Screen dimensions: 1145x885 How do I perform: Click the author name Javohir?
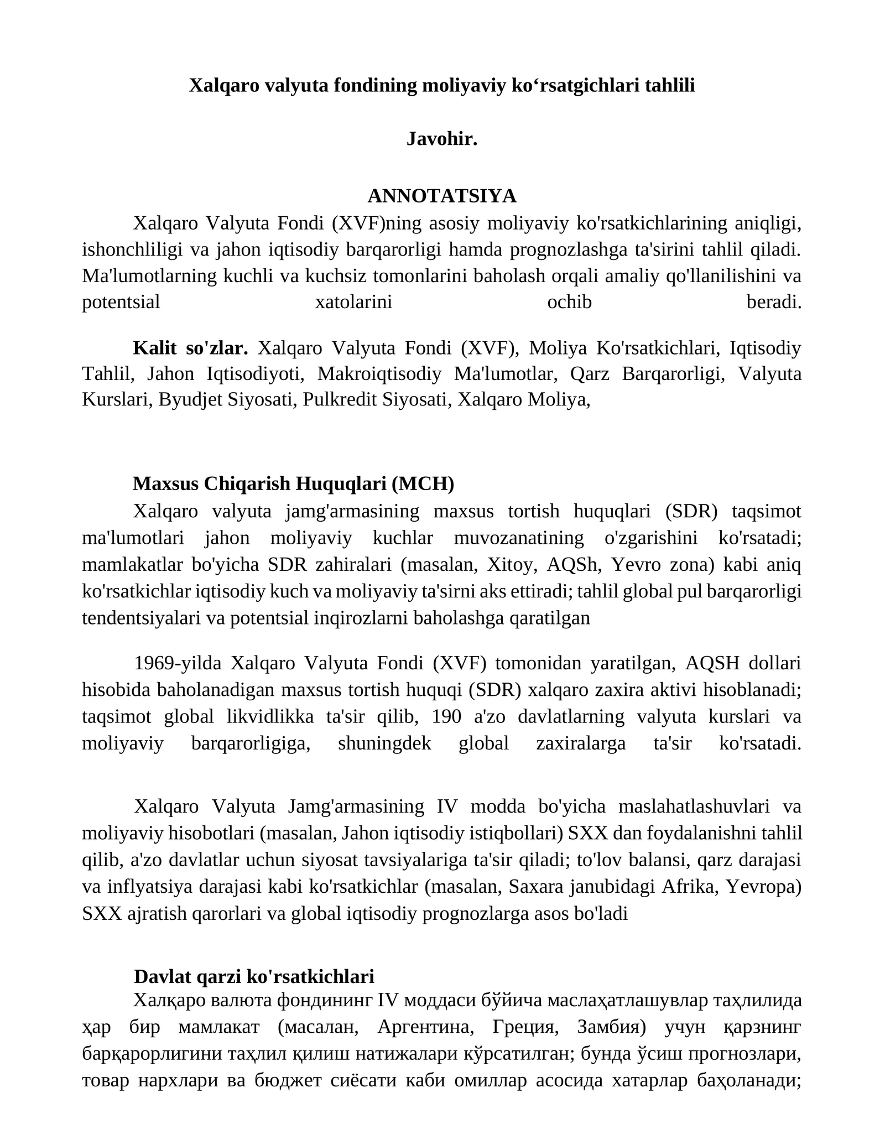441,139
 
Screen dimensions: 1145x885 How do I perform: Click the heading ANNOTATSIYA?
441,196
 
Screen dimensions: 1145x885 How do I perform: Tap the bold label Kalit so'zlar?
190,348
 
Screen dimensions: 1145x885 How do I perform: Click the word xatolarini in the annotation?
353,302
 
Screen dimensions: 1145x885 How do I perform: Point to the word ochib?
569,302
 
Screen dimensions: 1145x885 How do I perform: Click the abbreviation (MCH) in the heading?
423,483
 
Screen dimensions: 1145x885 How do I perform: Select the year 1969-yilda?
178,663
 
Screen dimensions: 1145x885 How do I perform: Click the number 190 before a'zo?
446,716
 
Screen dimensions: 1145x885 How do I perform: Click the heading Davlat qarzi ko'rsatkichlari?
254,976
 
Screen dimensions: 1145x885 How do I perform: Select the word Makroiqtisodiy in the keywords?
379,374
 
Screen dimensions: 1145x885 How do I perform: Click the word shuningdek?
384,743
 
